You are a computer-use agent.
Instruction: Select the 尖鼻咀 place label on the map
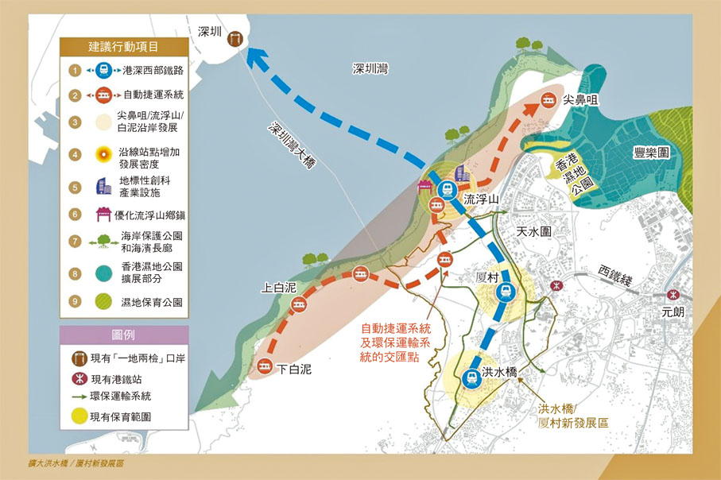click(580, 101)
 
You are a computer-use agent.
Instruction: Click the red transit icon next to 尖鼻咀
click(548, 101)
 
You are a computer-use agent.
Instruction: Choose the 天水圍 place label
click(534, 230)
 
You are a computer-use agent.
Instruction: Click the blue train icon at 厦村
click(502, 293)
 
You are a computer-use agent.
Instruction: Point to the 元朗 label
click(673, 312)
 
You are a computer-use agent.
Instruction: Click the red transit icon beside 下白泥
click(262, 366)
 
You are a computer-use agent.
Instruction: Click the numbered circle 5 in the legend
click(75, 188)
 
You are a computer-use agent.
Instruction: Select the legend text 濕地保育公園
click(149, 302)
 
